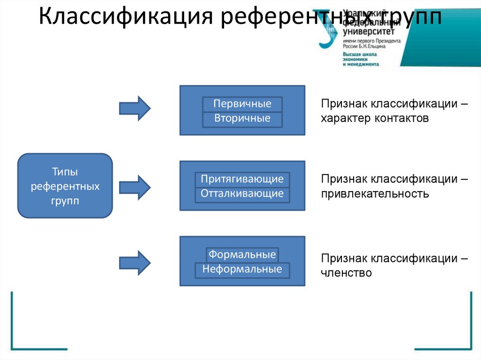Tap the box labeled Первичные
pyautogui.click(x=242, y=104)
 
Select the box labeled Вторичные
pyautogui.click(x=242, y=119)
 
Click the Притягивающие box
pyautogui.click(x=242, y=179)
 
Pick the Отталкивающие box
pyautogui.click(x=242, y=194)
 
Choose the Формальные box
pyautogui.click(x=242, y=255)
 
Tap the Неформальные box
pyautogui.click(x=242, y=269)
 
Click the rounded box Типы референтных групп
pyautogui.click(x=65, y=186)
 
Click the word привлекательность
pyautogui.click(x=375, y=193)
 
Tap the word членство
pyautogui.click(x=346, y=273)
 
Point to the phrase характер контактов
pyautogui.click(x=375, y=118)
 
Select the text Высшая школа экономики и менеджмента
pyautogui.click(x=361, y=59)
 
